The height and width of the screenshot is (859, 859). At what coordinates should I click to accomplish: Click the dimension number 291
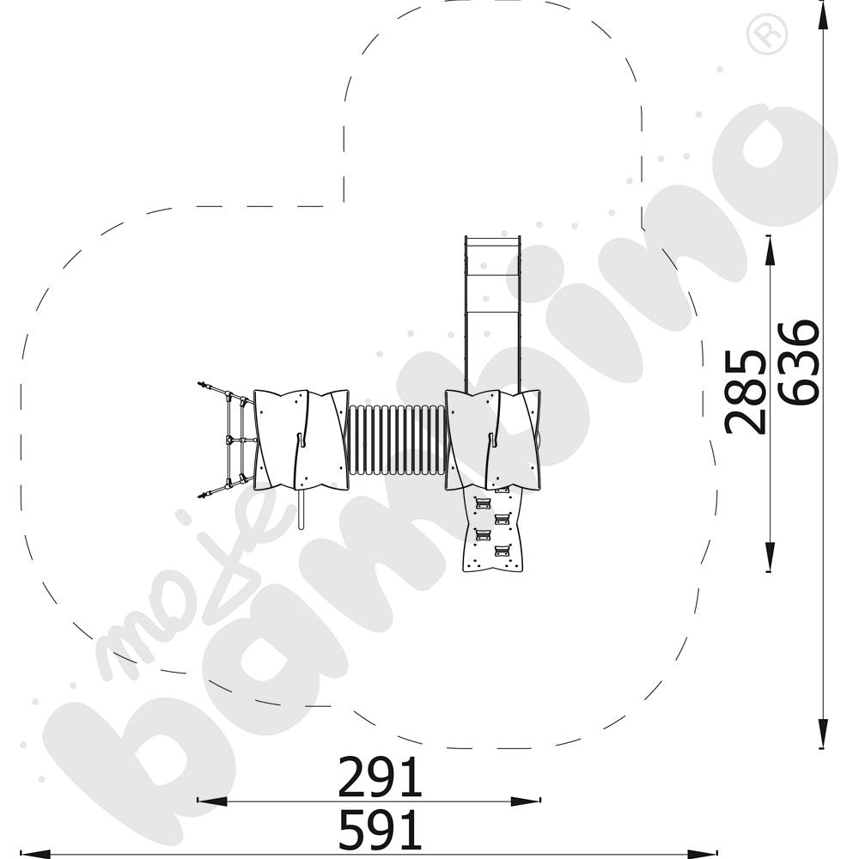point(381,777)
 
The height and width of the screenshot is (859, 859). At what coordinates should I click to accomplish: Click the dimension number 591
point(381,830)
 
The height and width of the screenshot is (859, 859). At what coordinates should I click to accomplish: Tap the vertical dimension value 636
point(799,362)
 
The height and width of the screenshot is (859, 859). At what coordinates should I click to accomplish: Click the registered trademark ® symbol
point(767,35)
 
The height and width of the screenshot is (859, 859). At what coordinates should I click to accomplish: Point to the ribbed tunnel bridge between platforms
point(398,439)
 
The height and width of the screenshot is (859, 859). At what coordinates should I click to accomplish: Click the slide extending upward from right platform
point(492,314)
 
